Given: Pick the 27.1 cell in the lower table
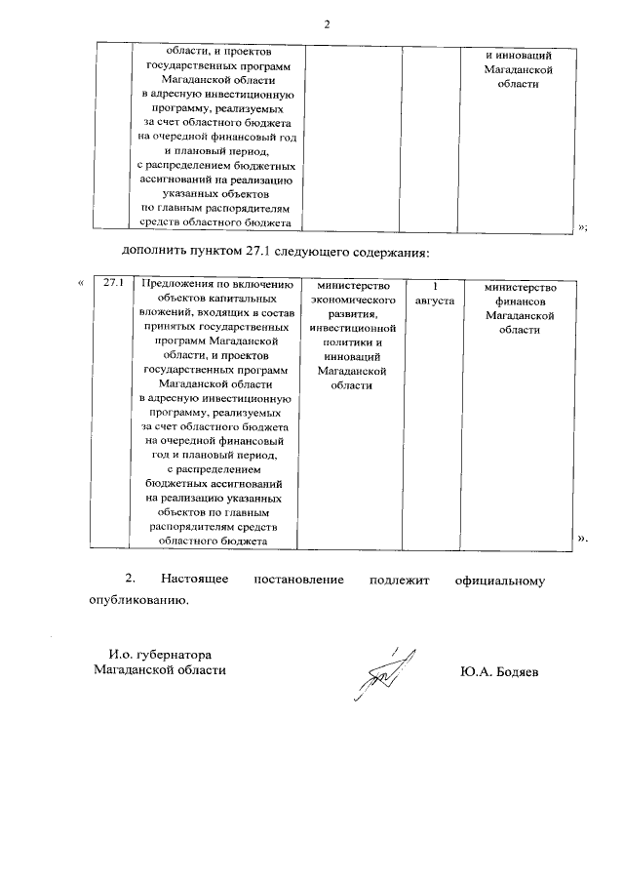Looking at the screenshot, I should coord(115,284).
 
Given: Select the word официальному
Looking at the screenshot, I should coord(499,581).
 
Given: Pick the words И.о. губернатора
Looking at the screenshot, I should coord(159,653).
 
